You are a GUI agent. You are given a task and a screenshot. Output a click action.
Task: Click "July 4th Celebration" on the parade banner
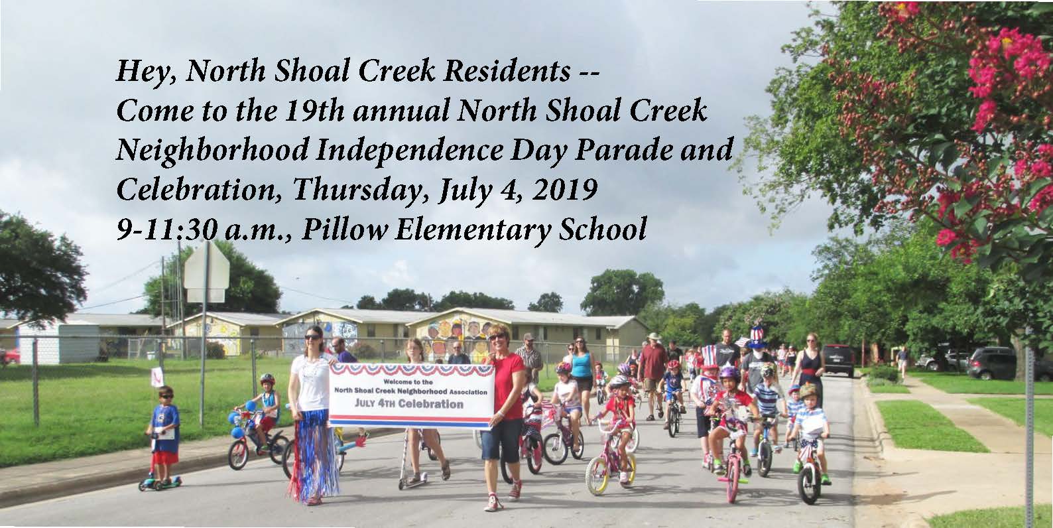(408, 403)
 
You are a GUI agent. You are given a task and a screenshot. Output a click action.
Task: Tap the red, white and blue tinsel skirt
(312, 451)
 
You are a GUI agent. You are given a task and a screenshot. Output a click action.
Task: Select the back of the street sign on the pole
(206, 272)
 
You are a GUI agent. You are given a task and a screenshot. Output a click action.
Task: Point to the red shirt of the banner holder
(507, 385)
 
